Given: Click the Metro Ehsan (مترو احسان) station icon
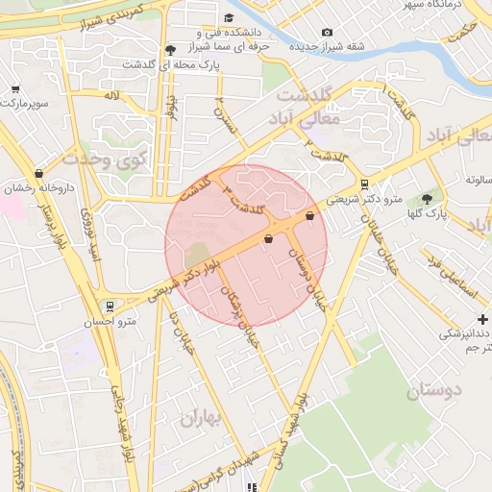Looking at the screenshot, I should [111, 307].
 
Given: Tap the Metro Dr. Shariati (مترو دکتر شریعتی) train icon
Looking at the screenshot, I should [364, 184].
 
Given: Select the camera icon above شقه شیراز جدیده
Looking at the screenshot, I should [327, 34].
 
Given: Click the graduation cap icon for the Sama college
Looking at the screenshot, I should [229, 18].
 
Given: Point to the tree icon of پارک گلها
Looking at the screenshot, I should [427, 199].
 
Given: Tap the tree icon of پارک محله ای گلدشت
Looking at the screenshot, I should [170, 49].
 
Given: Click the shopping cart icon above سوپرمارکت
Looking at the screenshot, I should [15, 88].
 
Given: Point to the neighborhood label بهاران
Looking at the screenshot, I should [200, 416].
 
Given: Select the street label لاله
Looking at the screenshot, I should [112, 96].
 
